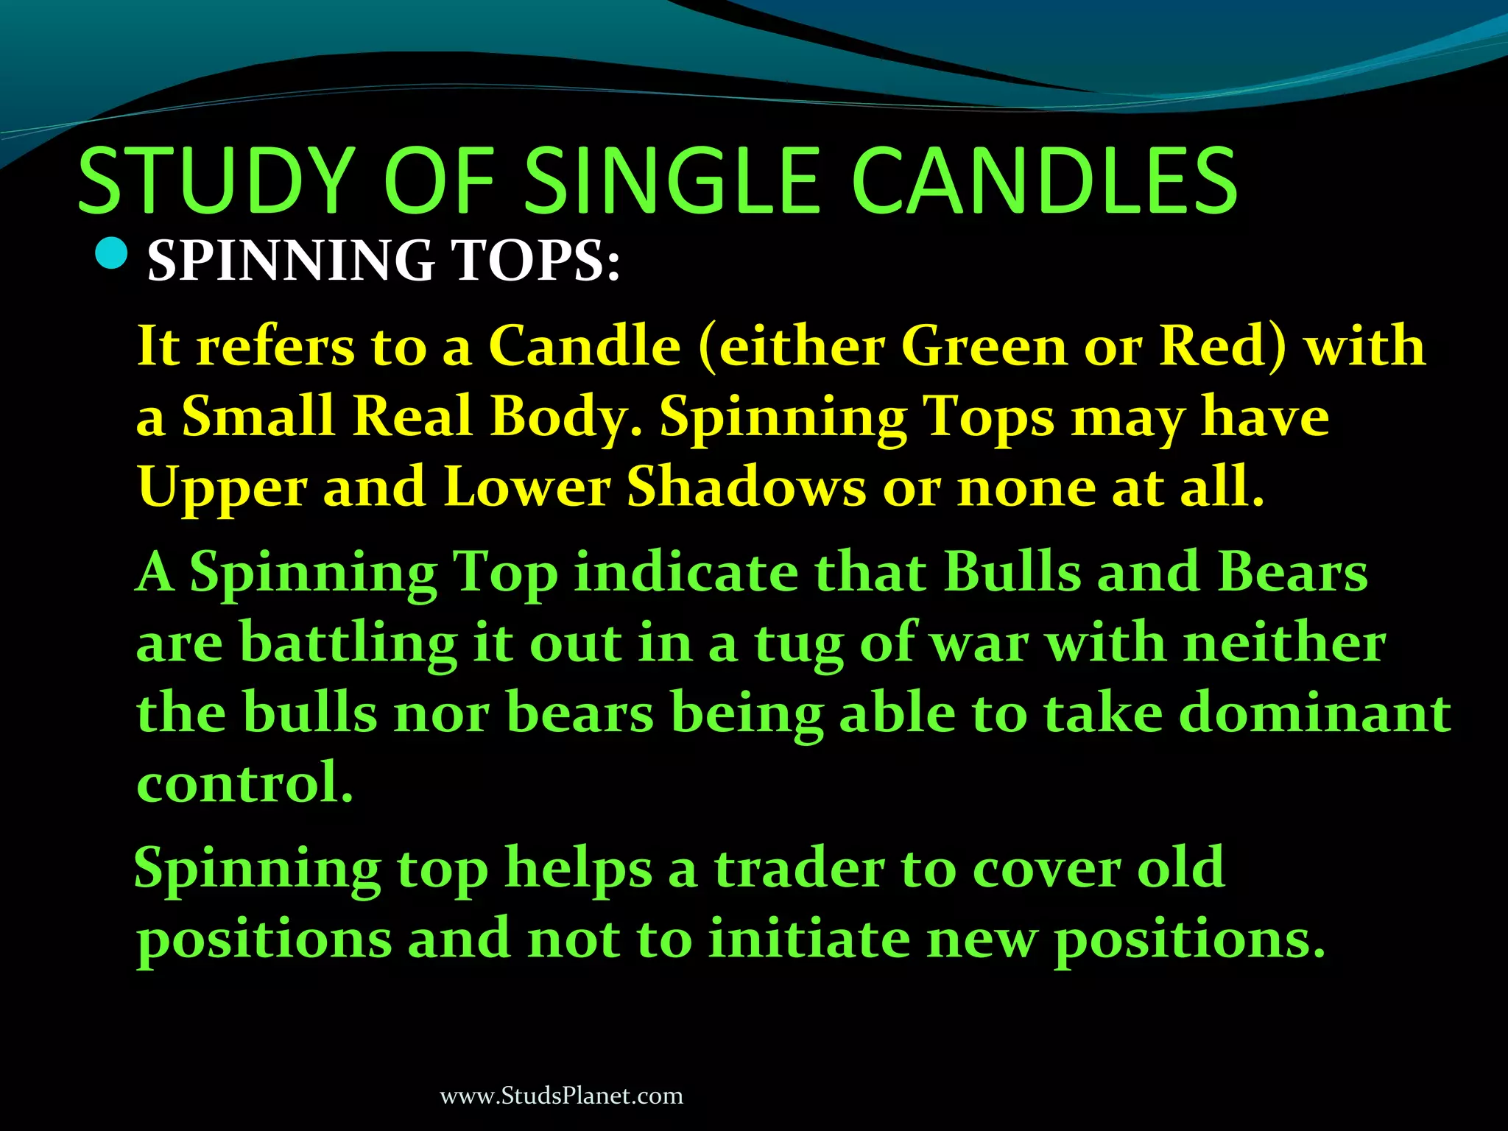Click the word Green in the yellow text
pos(984,345)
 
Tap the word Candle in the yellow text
pos(585,345)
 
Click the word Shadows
pos(746,487)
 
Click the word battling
pos(348,643)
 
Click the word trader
pos(799,868)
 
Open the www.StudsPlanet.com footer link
pos(561,1096)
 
